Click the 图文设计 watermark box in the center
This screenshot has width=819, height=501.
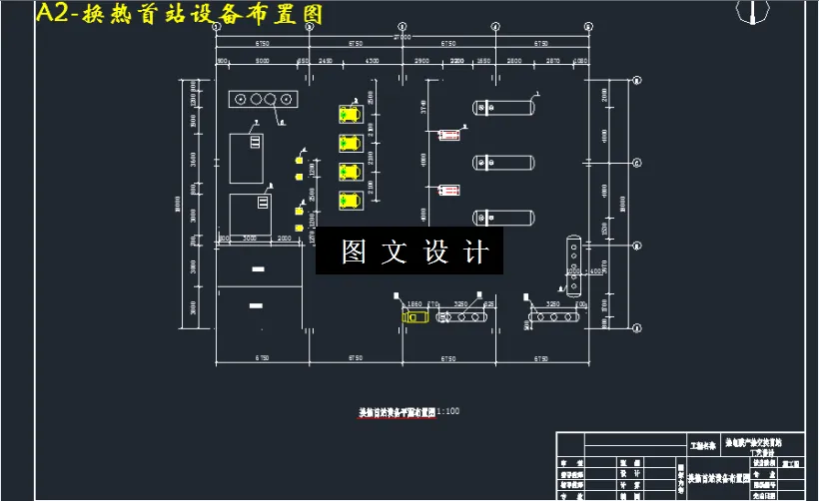[410, 250]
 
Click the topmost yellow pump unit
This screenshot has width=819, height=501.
[350, 114]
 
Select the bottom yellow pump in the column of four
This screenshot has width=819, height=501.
[350, 200]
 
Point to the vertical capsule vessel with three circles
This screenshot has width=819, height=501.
[573, 265]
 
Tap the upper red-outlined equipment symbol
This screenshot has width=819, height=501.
[449, 132]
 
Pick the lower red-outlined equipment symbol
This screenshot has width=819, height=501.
[449, 188]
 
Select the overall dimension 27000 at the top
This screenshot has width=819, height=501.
[403, 36]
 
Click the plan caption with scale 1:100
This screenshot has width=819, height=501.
[410, 411]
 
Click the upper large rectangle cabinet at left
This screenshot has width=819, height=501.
[247, 157]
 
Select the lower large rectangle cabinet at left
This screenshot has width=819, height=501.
[250, 214]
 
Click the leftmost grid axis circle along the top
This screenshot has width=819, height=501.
[216, 28]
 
